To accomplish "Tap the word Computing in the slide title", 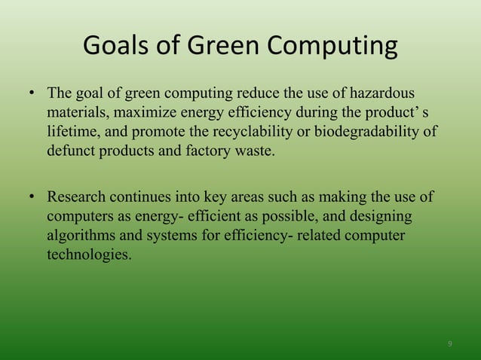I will pyautogui.click(x=336, y=48).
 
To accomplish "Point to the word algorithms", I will pyautogui.click(x=80, y=236).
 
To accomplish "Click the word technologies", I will pyautogui.click(x=88, y=255).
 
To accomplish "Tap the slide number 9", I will pyautogui.click(x=450, y=343).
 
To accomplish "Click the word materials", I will pyautogui.click(x=76, y=113).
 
